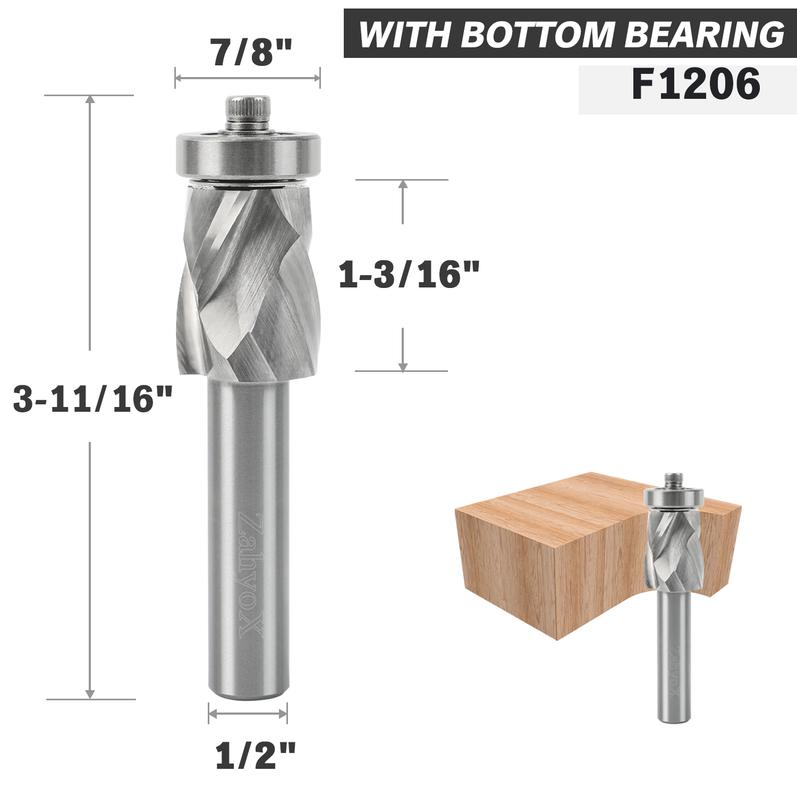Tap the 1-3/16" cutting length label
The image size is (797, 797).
pos(409,275)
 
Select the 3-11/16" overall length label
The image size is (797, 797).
pos(93,399)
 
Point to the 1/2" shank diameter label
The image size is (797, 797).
pos(255,756)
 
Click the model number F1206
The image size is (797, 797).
pos(696,85)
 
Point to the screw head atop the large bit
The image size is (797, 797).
pos(248,109)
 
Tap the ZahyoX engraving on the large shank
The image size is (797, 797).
pos(250,574)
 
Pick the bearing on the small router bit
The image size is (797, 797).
pos(674,498)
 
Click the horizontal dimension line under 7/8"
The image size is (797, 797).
pos(248,78)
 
